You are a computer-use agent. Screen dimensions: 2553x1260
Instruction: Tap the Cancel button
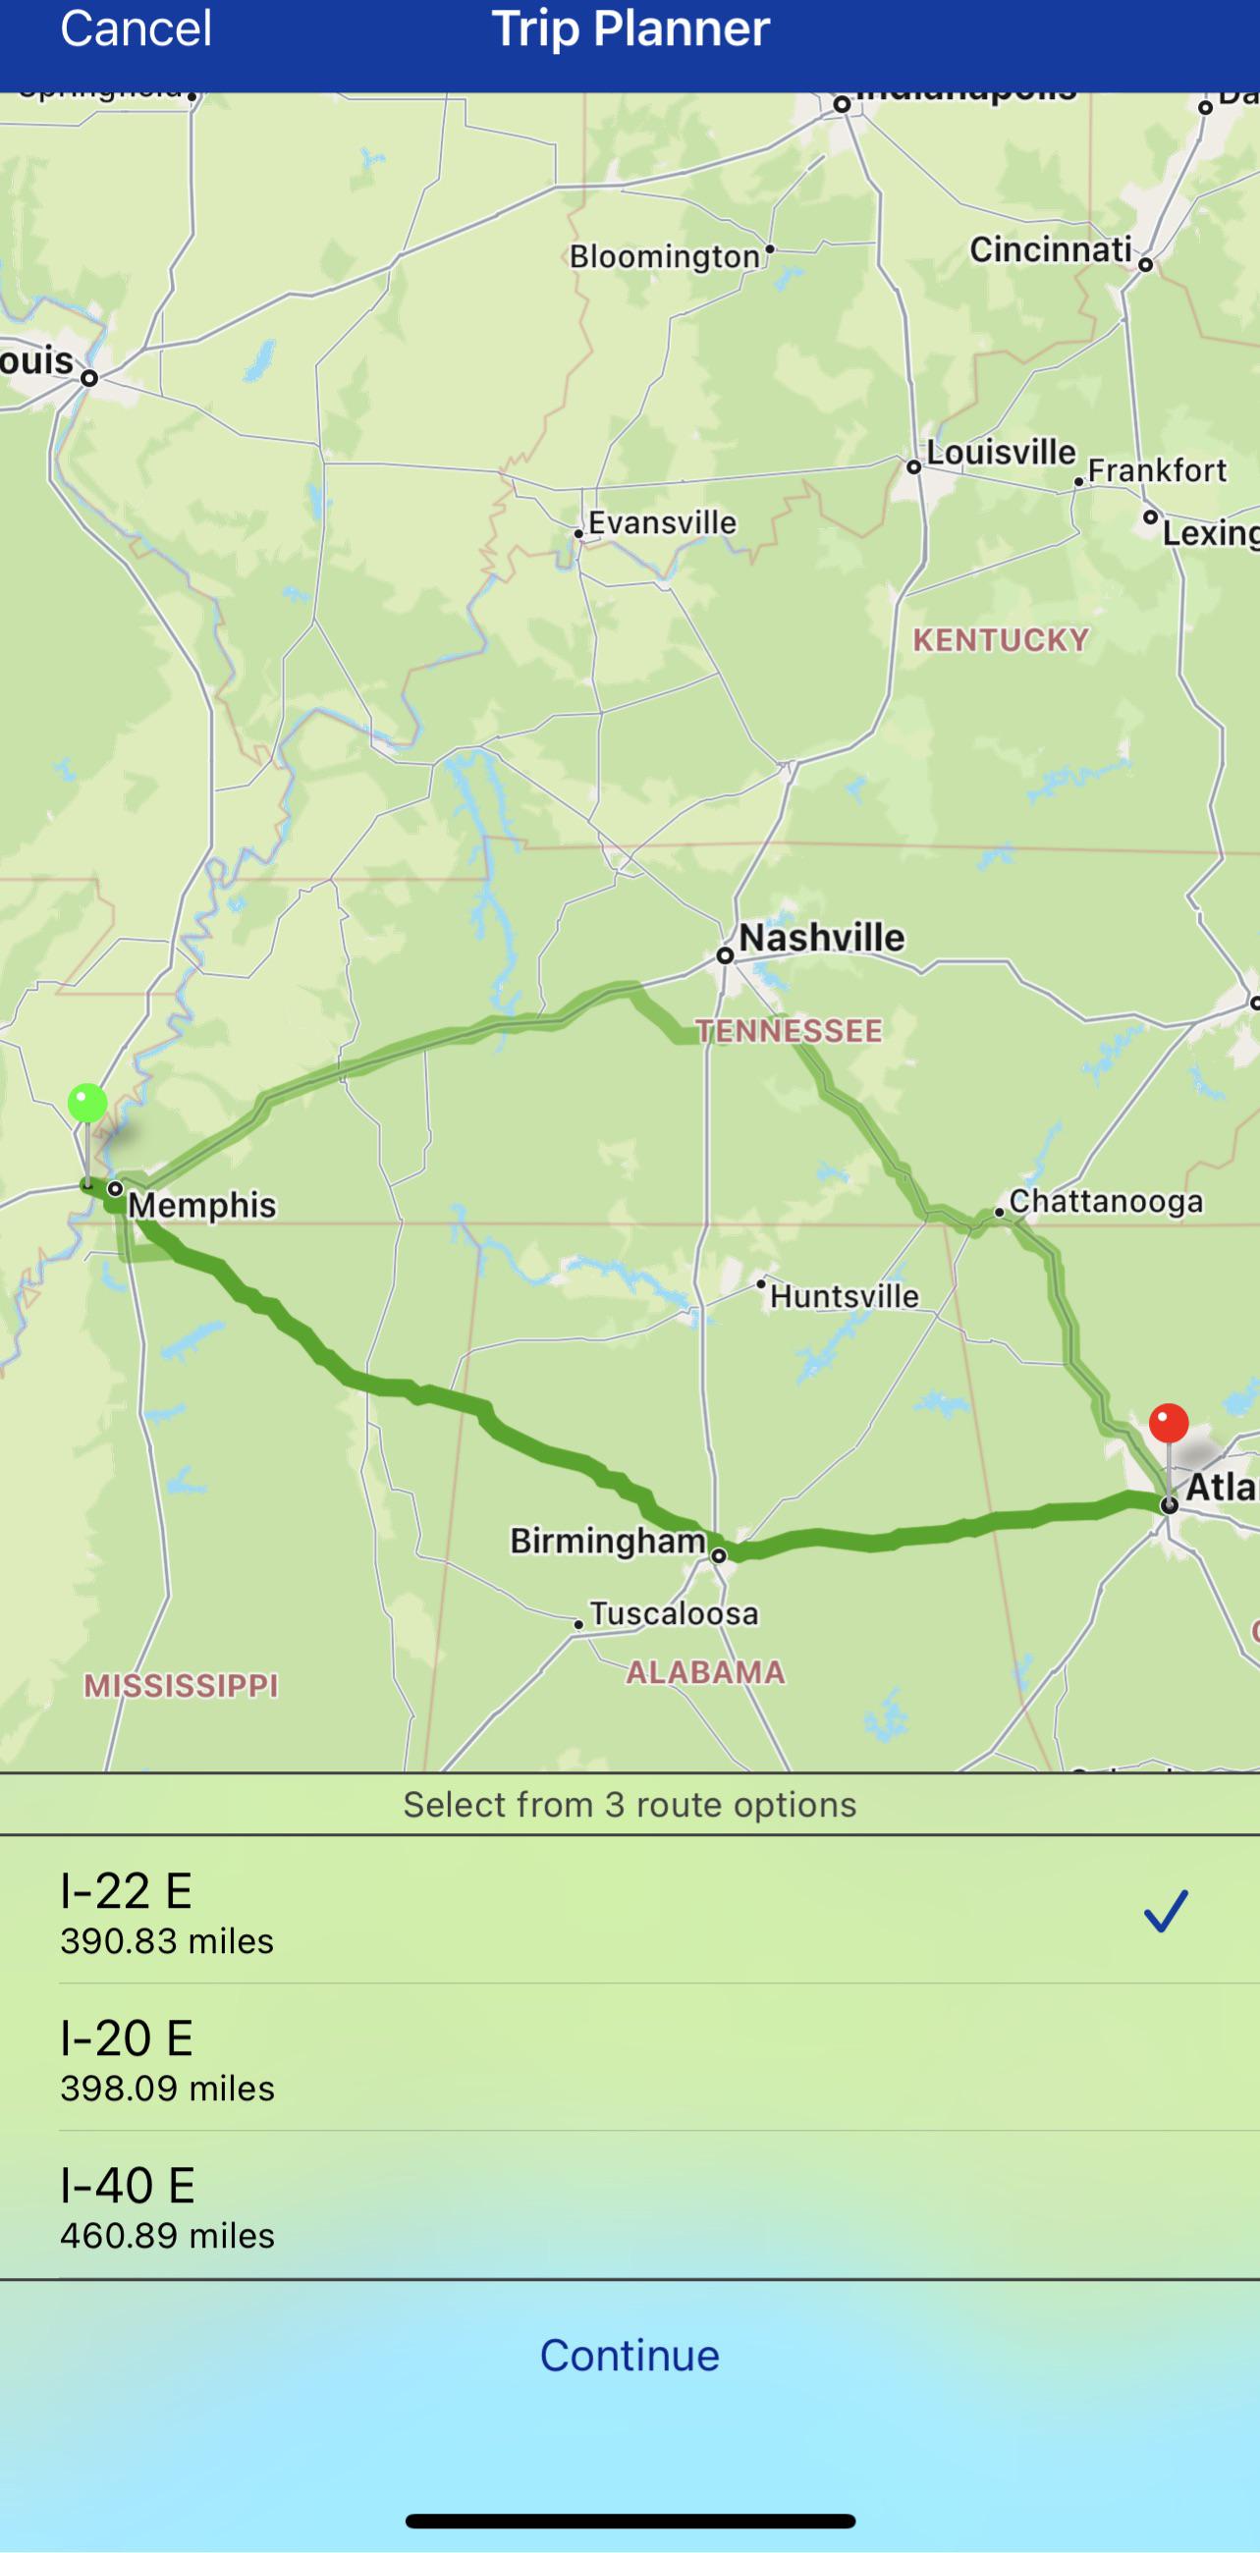[136, 27]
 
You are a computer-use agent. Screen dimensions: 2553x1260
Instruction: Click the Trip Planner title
[630, 27]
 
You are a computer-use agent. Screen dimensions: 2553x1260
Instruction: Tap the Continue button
[630, 2355]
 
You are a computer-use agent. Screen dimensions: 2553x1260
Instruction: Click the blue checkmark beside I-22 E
[1165, 1911]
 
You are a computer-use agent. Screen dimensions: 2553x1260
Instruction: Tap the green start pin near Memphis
[87, 1104]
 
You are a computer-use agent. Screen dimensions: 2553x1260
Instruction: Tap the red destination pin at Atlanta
[1168, 1424]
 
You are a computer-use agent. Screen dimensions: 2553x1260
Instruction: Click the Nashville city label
[821, 937]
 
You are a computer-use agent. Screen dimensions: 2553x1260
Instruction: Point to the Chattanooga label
[1105, 1201]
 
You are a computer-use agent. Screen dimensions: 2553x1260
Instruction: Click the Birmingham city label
[607, 1540]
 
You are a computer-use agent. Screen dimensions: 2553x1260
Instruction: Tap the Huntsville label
[844, 1295]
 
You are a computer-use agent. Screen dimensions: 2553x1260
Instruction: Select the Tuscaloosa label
[673, 1613]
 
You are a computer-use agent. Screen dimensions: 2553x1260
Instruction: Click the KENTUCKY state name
[1001, 640]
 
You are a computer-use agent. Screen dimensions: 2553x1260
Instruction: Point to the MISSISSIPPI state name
[181, 1685]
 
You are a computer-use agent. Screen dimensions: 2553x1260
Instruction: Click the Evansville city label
[661, 522]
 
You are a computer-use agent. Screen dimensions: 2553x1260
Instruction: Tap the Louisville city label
[1001, 453]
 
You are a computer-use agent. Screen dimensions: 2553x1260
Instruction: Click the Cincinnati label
[1050, 249]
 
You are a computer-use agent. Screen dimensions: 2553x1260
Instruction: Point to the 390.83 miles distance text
[167, 1940]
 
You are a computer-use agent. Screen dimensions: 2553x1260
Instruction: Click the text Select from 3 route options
[630, 1804]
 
